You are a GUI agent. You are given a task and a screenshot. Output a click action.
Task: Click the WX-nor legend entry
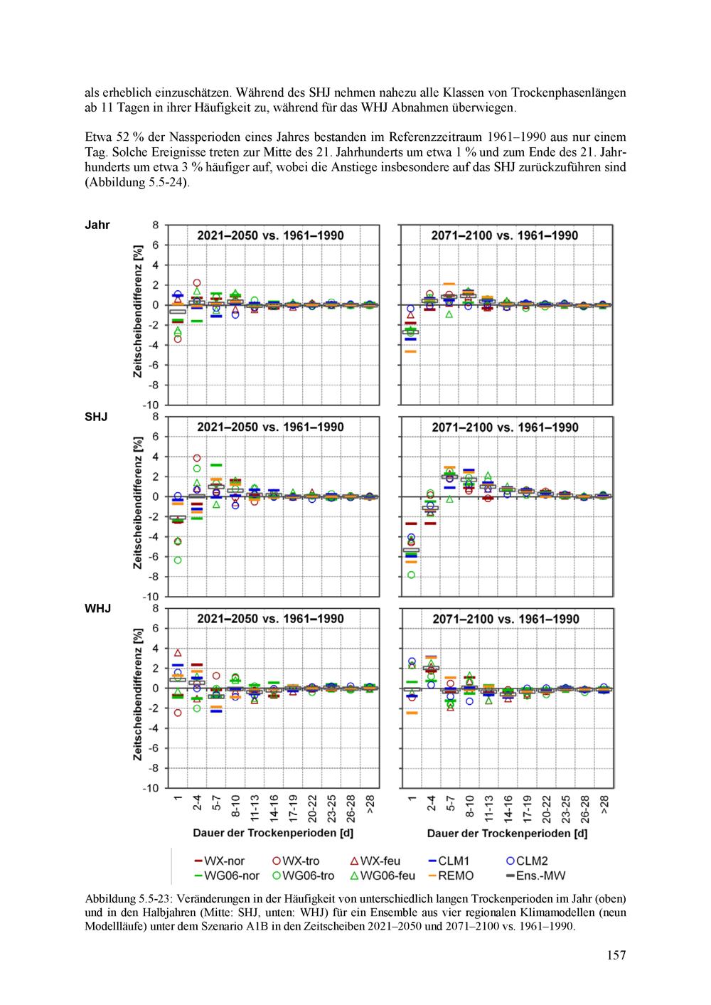pos(220,861)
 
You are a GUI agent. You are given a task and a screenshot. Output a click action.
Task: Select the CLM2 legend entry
pos(527,861)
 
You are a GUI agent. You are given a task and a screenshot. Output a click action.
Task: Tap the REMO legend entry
pos(451,876)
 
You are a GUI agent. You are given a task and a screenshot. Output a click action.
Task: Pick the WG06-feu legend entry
pos(383,876)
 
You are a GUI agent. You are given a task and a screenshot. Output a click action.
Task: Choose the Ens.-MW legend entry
pos(535,876)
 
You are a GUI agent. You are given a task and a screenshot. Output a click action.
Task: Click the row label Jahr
pos(97,225)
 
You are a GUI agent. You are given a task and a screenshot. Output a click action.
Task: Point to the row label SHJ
pos(96,417)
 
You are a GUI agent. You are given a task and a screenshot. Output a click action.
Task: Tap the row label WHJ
pos(98,608)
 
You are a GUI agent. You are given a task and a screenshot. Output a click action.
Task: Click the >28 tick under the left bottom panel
pos(370,804)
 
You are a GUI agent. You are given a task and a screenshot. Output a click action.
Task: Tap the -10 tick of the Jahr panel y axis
pos(151,405)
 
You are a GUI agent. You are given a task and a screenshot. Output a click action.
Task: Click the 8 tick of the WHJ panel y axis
pos(156,608)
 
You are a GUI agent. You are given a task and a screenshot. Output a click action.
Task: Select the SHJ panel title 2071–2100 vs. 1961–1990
pos(505,427)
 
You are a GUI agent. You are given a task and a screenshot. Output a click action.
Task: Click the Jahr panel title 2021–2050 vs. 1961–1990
pos(270,235)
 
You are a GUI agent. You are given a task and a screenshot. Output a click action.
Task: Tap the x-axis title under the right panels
pos(508,834)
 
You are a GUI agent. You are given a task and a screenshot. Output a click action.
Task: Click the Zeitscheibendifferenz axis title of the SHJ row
pos(137,503)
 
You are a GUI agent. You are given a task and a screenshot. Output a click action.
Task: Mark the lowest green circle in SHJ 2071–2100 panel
pos(412,575)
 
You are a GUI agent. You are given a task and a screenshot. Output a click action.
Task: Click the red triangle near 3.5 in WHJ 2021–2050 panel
pos(178,653)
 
